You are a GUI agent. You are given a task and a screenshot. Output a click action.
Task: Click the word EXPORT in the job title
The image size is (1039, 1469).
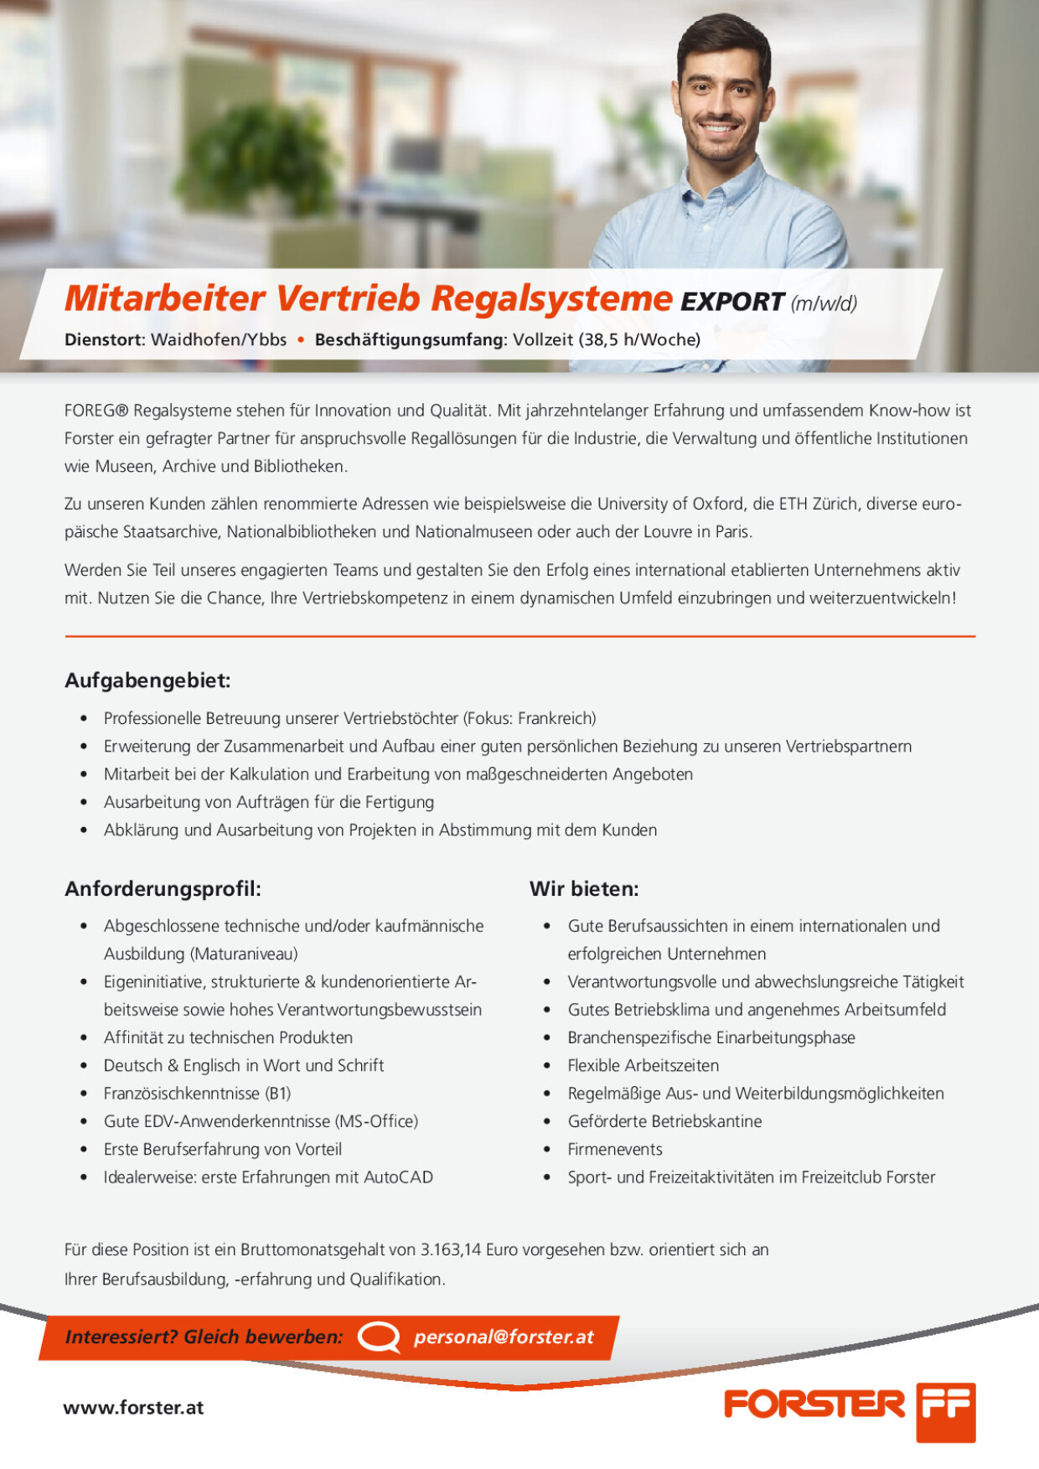731,302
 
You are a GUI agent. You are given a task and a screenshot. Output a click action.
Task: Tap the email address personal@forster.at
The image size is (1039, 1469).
504,1337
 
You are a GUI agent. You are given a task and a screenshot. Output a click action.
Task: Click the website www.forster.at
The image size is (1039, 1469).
133,1408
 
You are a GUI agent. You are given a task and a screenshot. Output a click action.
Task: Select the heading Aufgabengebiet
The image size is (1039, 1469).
147,680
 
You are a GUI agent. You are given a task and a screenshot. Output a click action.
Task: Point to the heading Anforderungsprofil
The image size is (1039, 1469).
163,888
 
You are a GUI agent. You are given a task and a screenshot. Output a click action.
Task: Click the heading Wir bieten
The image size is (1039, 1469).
584,888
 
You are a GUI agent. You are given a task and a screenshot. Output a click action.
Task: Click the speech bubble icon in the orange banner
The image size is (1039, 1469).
379,1337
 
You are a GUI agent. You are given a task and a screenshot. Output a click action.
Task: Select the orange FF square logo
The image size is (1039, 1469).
945,1412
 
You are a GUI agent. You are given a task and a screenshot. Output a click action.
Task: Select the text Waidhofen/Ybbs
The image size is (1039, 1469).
219,339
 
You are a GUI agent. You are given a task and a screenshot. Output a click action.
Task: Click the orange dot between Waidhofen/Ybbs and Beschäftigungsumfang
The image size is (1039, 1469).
301,339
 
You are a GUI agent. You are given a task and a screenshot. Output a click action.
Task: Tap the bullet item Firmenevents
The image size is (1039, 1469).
615,1149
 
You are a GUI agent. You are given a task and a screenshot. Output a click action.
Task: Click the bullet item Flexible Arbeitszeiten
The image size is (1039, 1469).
644,1065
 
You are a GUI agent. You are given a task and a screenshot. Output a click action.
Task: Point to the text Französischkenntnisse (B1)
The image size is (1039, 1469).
197,1094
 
